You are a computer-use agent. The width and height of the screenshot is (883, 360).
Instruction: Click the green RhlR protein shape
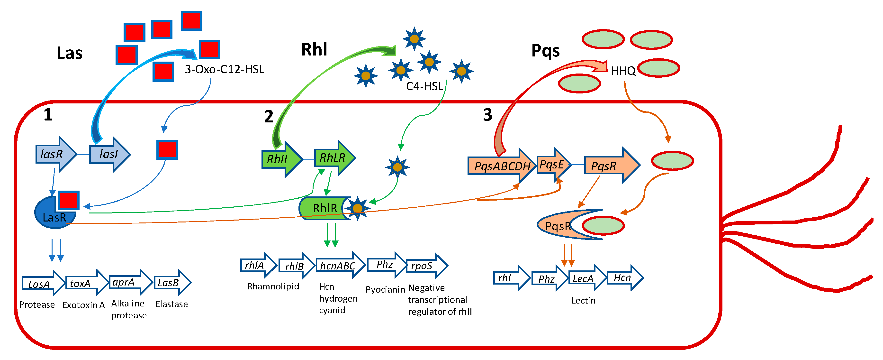(x=324, y=208)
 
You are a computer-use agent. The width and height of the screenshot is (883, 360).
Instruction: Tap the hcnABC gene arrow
(x=340, y=265)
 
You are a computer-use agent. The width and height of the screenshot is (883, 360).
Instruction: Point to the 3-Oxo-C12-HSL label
(x=224, y=70)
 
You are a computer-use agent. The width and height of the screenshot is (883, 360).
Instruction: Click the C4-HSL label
(x=424, y=86)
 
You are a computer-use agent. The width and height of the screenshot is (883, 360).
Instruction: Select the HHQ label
(x=623, y=71)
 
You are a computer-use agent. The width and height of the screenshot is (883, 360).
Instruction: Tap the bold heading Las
(x=70, y=53)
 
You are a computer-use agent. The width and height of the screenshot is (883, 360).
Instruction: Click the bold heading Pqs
(x=545, y=51)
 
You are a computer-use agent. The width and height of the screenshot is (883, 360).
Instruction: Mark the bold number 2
(x=269, y=117)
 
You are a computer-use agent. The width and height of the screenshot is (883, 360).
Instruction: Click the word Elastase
(x=171, y=304)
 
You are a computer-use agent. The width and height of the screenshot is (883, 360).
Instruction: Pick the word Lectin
(x=583, y=300)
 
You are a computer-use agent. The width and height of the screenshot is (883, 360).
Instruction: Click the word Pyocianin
(x=385, y=290)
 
